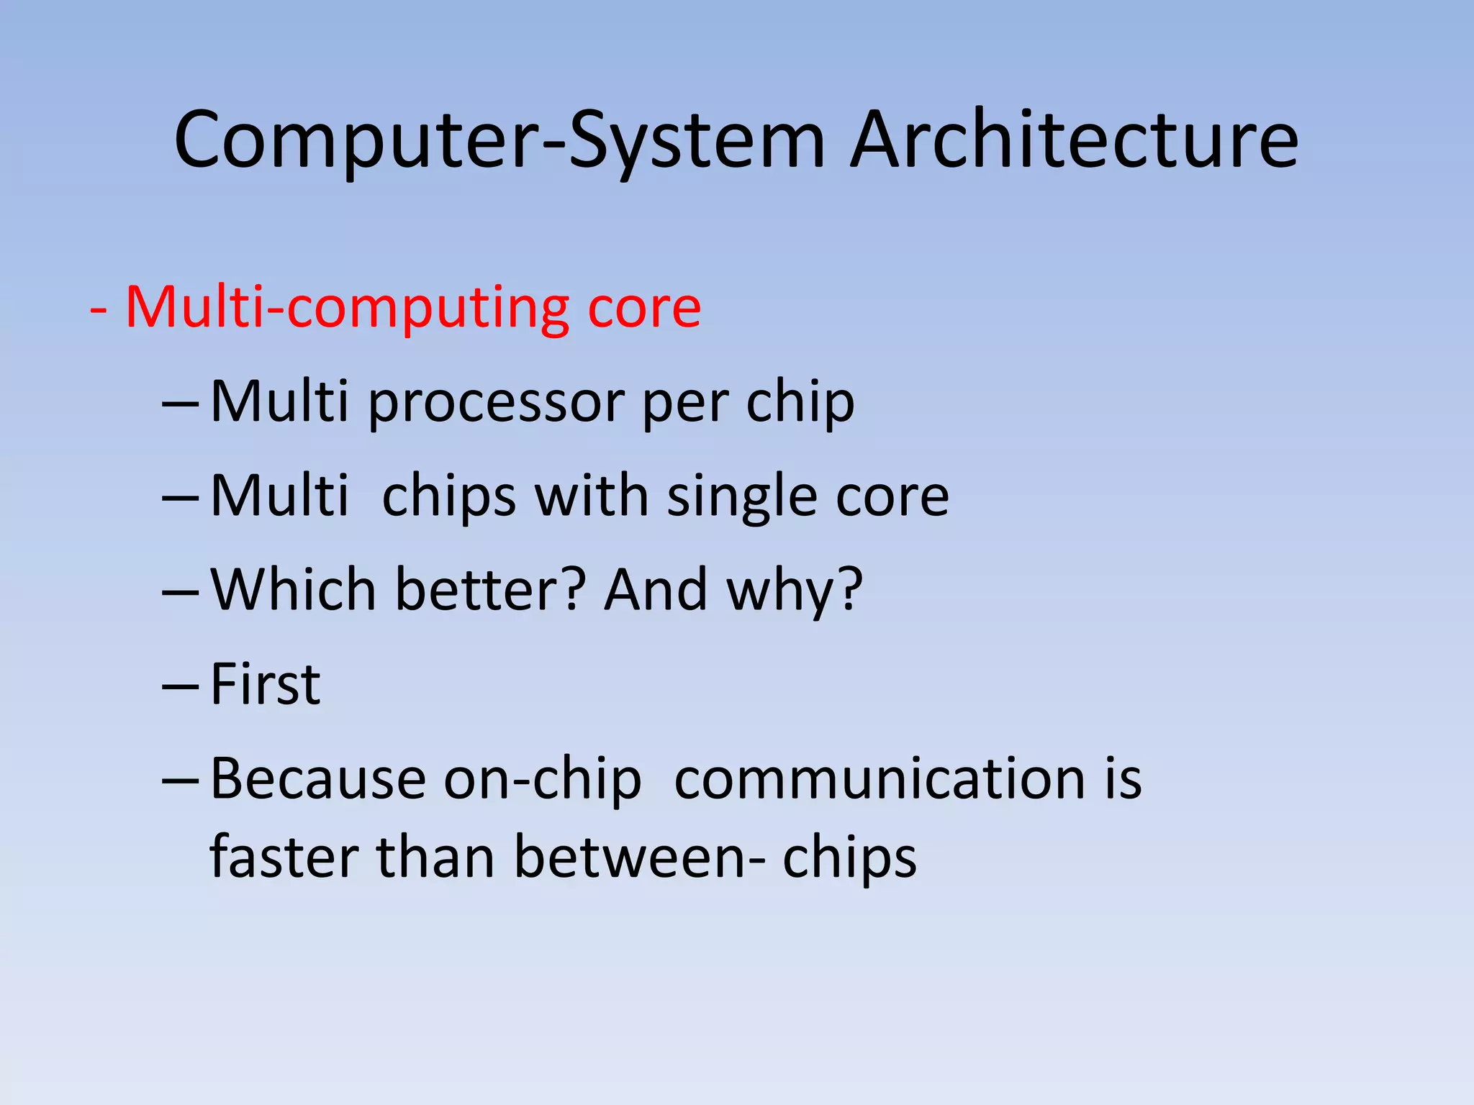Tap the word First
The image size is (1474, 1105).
[x=265, y=684]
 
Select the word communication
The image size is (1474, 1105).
[x=880, y=779]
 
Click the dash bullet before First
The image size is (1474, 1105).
[x=180, y=688]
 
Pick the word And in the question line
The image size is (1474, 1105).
[x=656, y=590]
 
